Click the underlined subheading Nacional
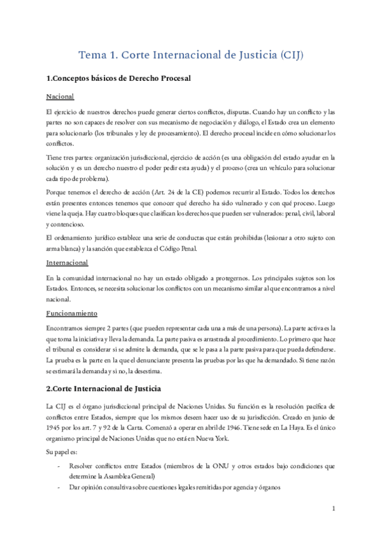pyautogui.click(x=60, y=97)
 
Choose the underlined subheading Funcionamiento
pyautogui.click(x=72, y=313)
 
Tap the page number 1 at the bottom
pyautogui.click(x=334, y=509)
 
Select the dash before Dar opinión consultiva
pyautogui.click(x=59, y=488)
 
